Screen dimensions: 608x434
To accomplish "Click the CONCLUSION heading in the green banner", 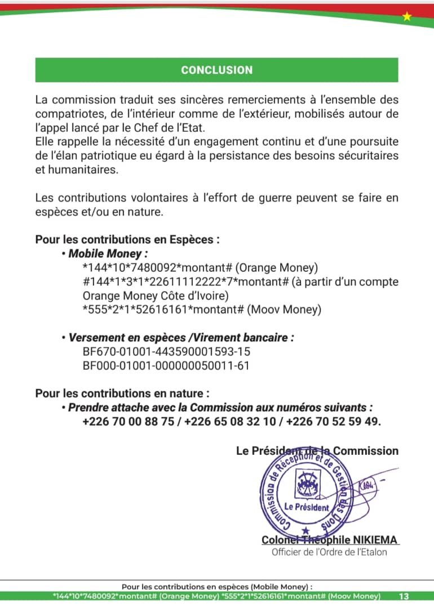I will tap(216, 70).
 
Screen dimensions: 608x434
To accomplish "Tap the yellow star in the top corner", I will tap(407, 17).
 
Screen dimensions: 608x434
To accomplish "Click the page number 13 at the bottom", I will tap(404, 596).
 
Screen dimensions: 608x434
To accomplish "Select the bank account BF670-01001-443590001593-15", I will tap(166, 352).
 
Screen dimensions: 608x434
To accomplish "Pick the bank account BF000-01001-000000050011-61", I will tap(166, 366).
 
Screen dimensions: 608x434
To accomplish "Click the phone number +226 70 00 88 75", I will tap(128, 422).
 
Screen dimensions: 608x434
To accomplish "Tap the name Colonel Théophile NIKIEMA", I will tap(330, 540).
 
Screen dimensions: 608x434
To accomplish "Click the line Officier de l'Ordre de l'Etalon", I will tap(329, 552).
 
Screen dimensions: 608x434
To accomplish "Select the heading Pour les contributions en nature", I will tap(122, 393).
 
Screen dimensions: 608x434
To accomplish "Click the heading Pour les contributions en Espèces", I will tap(127, 239).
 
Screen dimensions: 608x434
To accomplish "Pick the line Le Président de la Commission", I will tap(317, 451).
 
